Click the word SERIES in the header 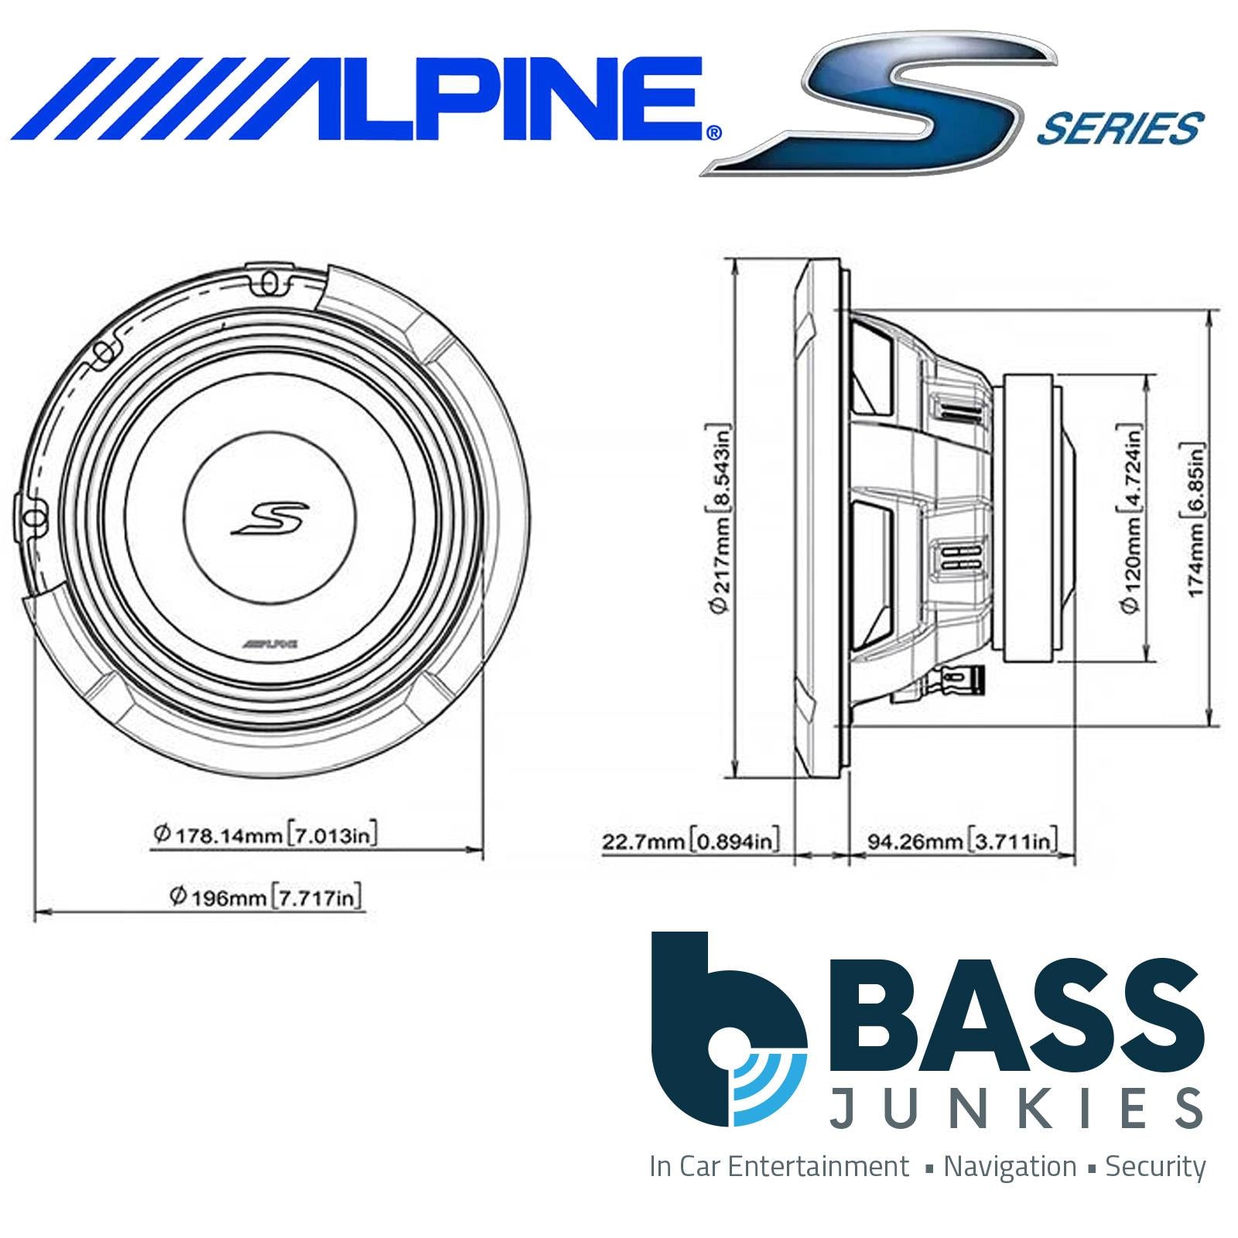point(1118,128)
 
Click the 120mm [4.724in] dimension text point(1131,518)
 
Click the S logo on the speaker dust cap point(271,518)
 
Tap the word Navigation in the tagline point(1010,1167)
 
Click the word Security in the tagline point(1155,1167)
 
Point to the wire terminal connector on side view point(959,679)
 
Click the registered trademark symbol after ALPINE point(713,132)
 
